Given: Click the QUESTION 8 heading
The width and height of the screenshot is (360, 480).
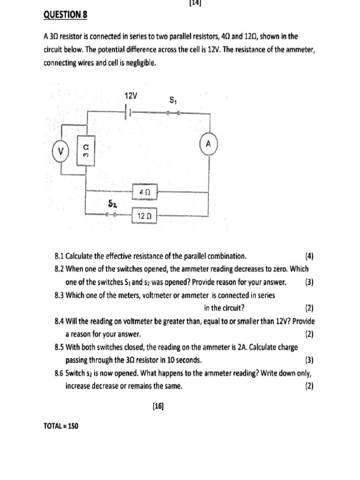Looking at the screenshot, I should (x=65, y=15).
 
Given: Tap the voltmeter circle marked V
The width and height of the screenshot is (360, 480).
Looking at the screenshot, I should (x=60, y=151).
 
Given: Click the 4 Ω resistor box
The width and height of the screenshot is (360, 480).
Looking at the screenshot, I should (x=144, y=191).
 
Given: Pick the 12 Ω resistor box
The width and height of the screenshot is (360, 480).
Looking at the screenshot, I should (x=144, y=216).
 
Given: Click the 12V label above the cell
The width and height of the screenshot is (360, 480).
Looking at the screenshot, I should (x=131, y=96).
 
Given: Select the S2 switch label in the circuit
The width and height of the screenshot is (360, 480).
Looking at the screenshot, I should (x=112, y=204).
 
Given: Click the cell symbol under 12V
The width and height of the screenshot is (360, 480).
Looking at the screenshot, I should (x=128, y=113).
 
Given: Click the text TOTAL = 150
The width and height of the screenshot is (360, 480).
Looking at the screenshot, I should (x=60, y=426).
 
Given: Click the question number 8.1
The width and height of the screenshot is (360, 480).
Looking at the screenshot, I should (x=59, y=256).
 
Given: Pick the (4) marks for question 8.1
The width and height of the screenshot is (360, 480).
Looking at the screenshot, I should (x=309, y=256).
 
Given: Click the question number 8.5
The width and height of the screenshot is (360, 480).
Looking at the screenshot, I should (x=59, y=347).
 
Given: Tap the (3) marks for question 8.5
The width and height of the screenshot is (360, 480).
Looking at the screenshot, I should (x=309, y=360).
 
